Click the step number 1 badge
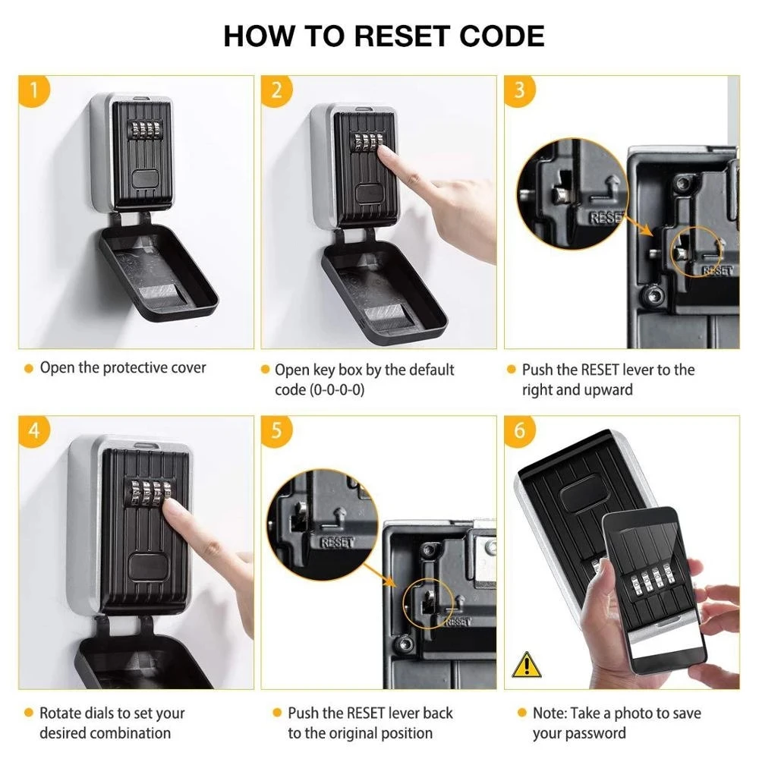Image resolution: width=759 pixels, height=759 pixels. tap(33, 91)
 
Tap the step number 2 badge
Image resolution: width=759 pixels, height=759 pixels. tap(276, 91)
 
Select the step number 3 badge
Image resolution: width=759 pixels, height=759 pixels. tap(519, 91)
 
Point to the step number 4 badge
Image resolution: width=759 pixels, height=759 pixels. tap(33, 431)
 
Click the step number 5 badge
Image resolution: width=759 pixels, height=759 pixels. tap(276, 431)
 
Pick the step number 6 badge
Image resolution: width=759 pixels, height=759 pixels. tap(519, 431)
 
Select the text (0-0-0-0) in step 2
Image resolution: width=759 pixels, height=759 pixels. tap(314, 389)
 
